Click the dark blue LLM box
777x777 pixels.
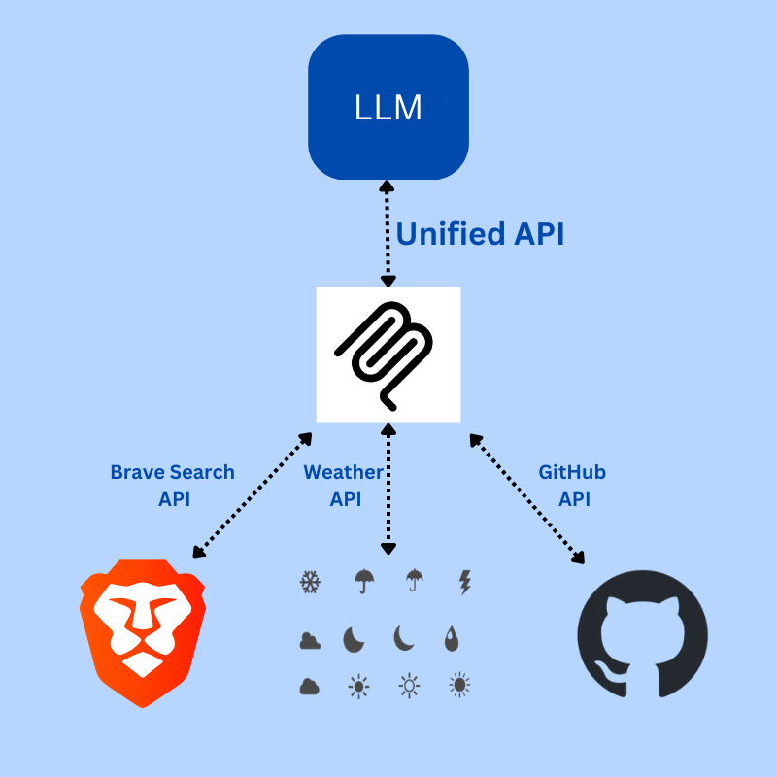388,107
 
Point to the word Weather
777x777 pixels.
343,473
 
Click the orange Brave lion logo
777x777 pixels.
142,631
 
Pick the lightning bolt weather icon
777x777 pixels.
464,582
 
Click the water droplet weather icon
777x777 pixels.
453,638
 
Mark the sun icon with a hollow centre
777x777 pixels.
410,687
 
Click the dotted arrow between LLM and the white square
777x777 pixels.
388,233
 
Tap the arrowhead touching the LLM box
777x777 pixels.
388,186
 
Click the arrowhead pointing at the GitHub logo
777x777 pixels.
580,557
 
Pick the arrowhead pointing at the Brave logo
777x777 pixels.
198,554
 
